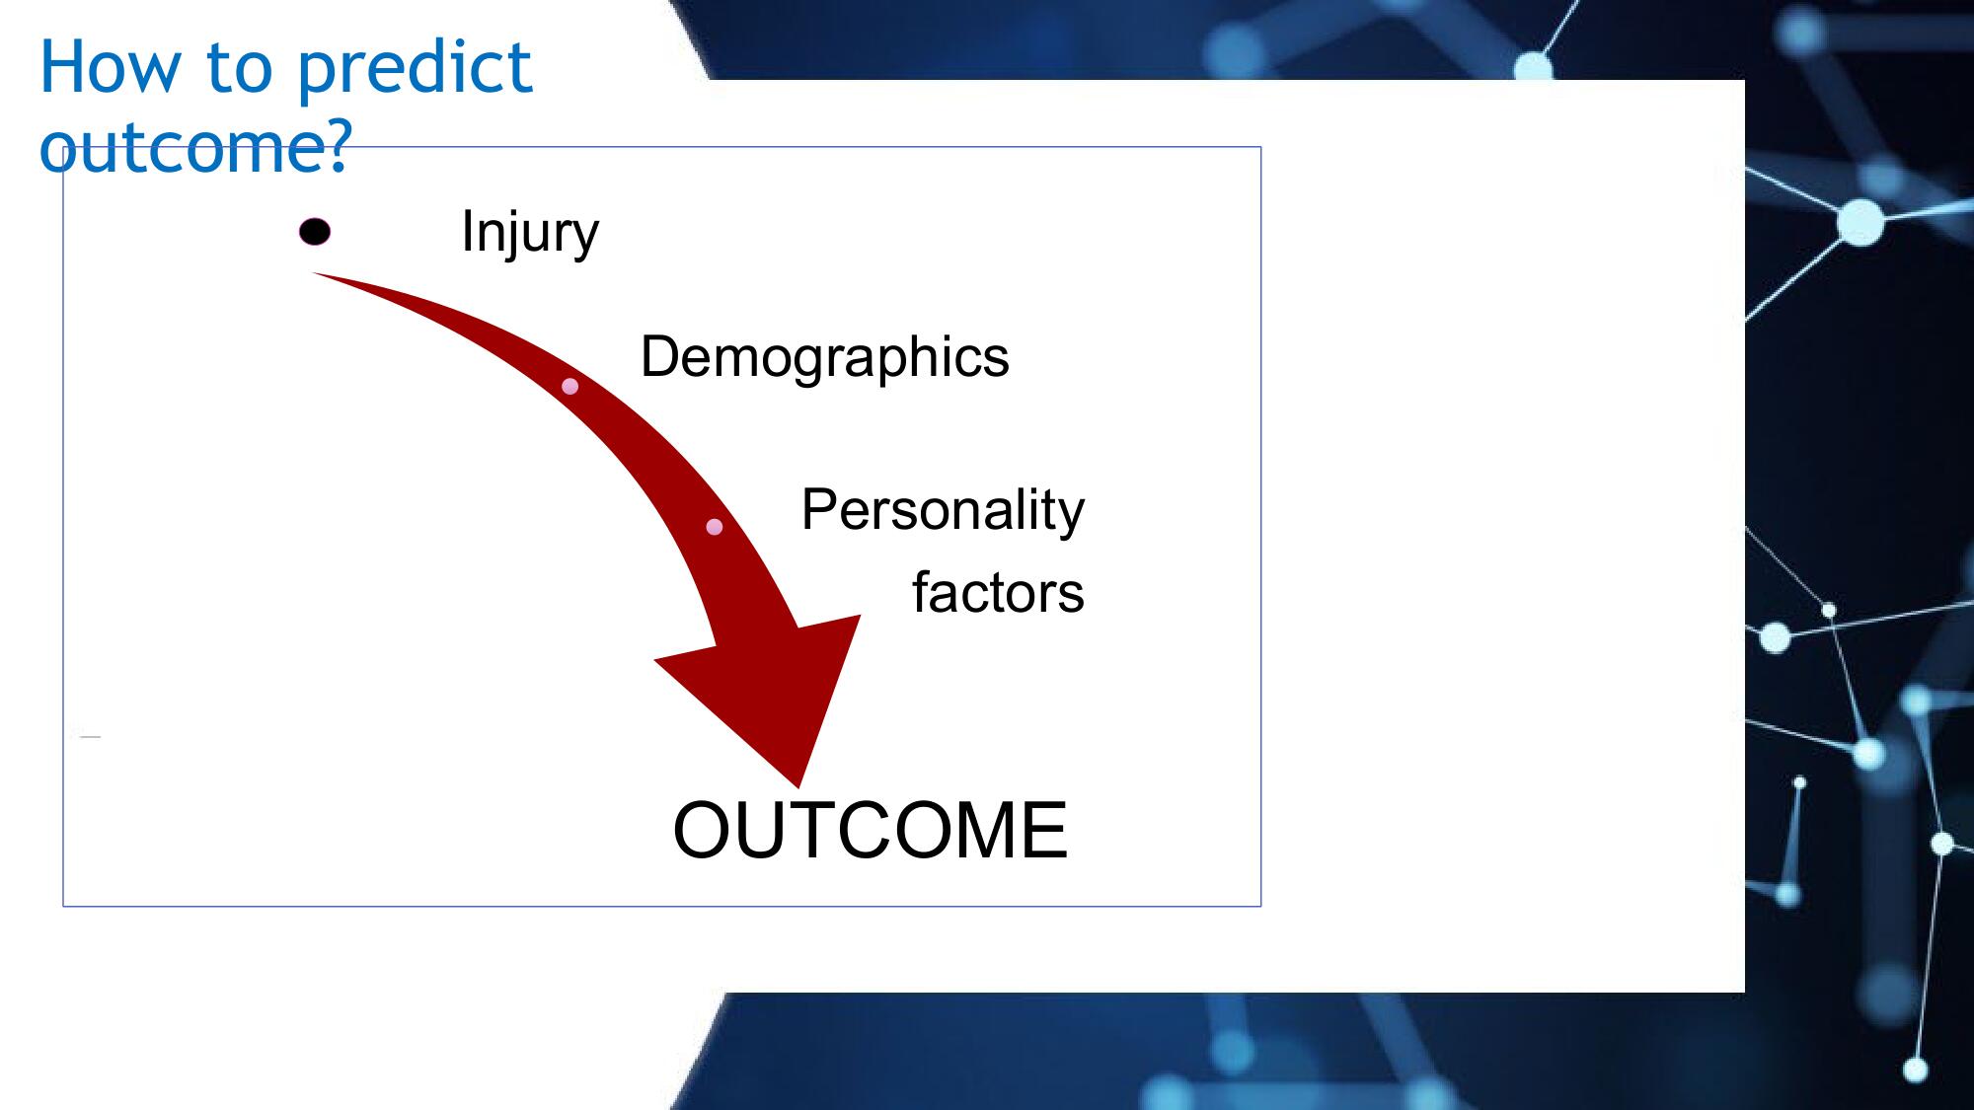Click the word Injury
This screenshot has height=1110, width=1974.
pyautogui.click(x=530, y=233)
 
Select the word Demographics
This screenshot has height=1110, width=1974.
pyautogui.click(x=825, y=357)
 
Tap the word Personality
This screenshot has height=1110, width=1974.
pyautogui.click(x=943, y=511)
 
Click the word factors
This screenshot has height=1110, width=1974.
pyautogui.click(x=998, y=593)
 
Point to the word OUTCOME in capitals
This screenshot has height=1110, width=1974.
pyautogui.click(x=871, y=831)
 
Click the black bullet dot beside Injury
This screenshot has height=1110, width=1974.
pyautogui.click(x=315, y=232)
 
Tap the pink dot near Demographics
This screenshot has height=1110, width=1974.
pyautogui.click(x=569, y=386)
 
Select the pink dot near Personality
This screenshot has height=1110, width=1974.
pyautogui.click(x=715, y=527)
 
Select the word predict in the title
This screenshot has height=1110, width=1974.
pyautogui.click(x=415, y=70)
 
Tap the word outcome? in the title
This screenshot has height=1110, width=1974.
pyautogui.click(x=195, y=148)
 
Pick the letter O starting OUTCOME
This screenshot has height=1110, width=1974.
pyautogui.click(x=703, y=831)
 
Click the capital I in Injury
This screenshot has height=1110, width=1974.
pyautogui.click(x=467, y=231)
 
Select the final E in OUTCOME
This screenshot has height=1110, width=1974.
pyautogui.click(x=1045, y=831)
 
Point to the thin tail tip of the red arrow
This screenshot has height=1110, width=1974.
pyautogui.click(x=314, y=273)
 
